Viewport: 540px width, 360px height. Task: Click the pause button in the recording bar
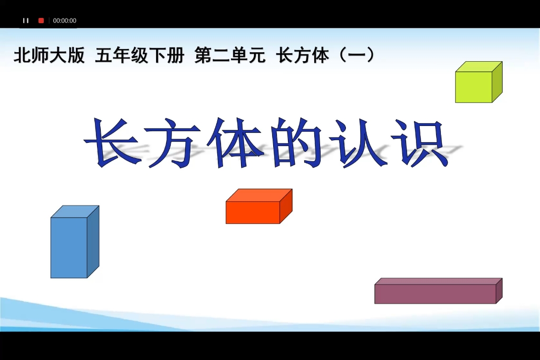pos(26,21)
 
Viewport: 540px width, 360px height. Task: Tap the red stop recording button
pos(41,21)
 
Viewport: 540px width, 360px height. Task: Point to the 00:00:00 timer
pos(65,21)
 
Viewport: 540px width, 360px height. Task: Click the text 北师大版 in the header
pos(49,55)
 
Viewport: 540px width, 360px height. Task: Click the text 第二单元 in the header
pos(230,55)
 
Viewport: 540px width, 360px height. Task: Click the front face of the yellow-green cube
pos(474,87)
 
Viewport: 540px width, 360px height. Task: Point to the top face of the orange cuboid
pos(259,195)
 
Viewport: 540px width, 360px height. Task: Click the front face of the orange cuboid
pos(253,212)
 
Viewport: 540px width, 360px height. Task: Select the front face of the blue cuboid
pos(69,247)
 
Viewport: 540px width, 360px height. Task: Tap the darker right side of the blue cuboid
pos(93,241)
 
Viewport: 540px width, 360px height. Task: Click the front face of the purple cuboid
pos(435,294)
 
